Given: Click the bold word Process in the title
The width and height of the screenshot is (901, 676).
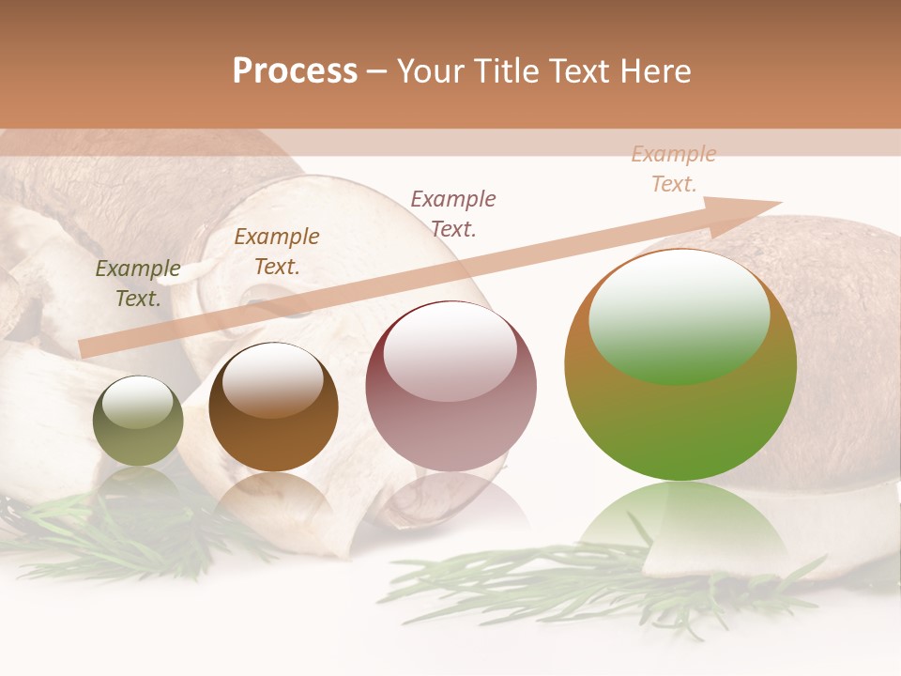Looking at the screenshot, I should coord(295,71).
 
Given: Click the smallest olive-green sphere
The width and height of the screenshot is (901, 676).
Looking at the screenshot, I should coord(138,422).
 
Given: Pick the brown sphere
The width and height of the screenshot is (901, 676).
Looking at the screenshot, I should coord(273,407).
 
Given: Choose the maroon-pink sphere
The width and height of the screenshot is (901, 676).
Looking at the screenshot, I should coord(450,386).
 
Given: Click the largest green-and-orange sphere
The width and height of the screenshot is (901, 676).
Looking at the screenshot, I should coord(680,364).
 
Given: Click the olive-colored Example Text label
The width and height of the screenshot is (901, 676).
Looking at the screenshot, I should coord(138,284).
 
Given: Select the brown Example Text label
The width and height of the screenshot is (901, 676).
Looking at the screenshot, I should coord(277,251).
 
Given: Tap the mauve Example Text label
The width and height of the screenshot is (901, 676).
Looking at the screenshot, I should coord(453,213).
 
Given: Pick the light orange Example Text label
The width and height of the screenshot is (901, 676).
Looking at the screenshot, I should coord(674,169).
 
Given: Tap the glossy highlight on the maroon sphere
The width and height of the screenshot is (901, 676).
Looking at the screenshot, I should coord(450,351).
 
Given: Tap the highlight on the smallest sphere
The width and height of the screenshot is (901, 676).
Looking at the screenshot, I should coord(137,403).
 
